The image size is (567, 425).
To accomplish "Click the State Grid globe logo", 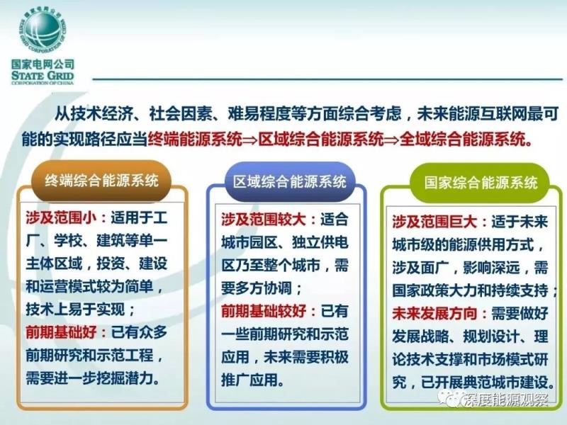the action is point(43,30).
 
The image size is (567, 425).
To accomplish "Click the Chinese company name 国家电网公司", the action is point(43,64).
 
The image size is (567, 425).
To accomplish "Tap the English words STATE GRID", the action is point(43,75).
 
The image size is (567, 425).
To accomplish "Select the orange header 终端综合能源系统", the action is point(101,180).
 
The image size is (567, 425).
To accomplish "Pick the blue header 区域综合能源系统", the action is point(289,181).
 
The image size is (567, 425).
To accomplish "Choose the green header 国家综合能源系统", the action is point(481,183).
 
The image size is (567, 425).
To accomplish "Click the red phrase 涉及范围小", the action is point(61,218).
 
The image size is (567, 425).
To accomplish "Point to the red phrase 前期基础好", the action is point(61,332).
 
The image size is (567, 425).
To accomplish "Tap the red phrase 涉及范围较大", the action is point(264,220).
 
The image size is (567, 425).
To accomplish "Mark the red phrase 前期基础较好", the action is point(264,311).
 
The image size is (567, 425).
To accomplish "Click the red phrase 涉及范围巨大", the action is point(434,222).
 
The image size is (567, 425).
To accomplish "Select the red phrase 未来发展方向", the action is point(434,313).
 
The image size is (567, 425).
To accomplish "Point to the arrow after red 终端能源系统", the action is point(250,140).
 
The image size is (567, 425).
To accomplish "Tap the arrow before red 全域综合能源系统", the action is point(391,140).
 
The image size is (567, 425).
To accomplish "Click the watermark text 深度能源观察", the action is point(505,399).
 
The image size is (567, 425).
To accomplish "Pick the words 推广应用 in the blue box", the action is point(249,380).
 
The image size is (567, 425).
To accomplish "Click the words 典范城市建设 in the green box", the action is point(505,382).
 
